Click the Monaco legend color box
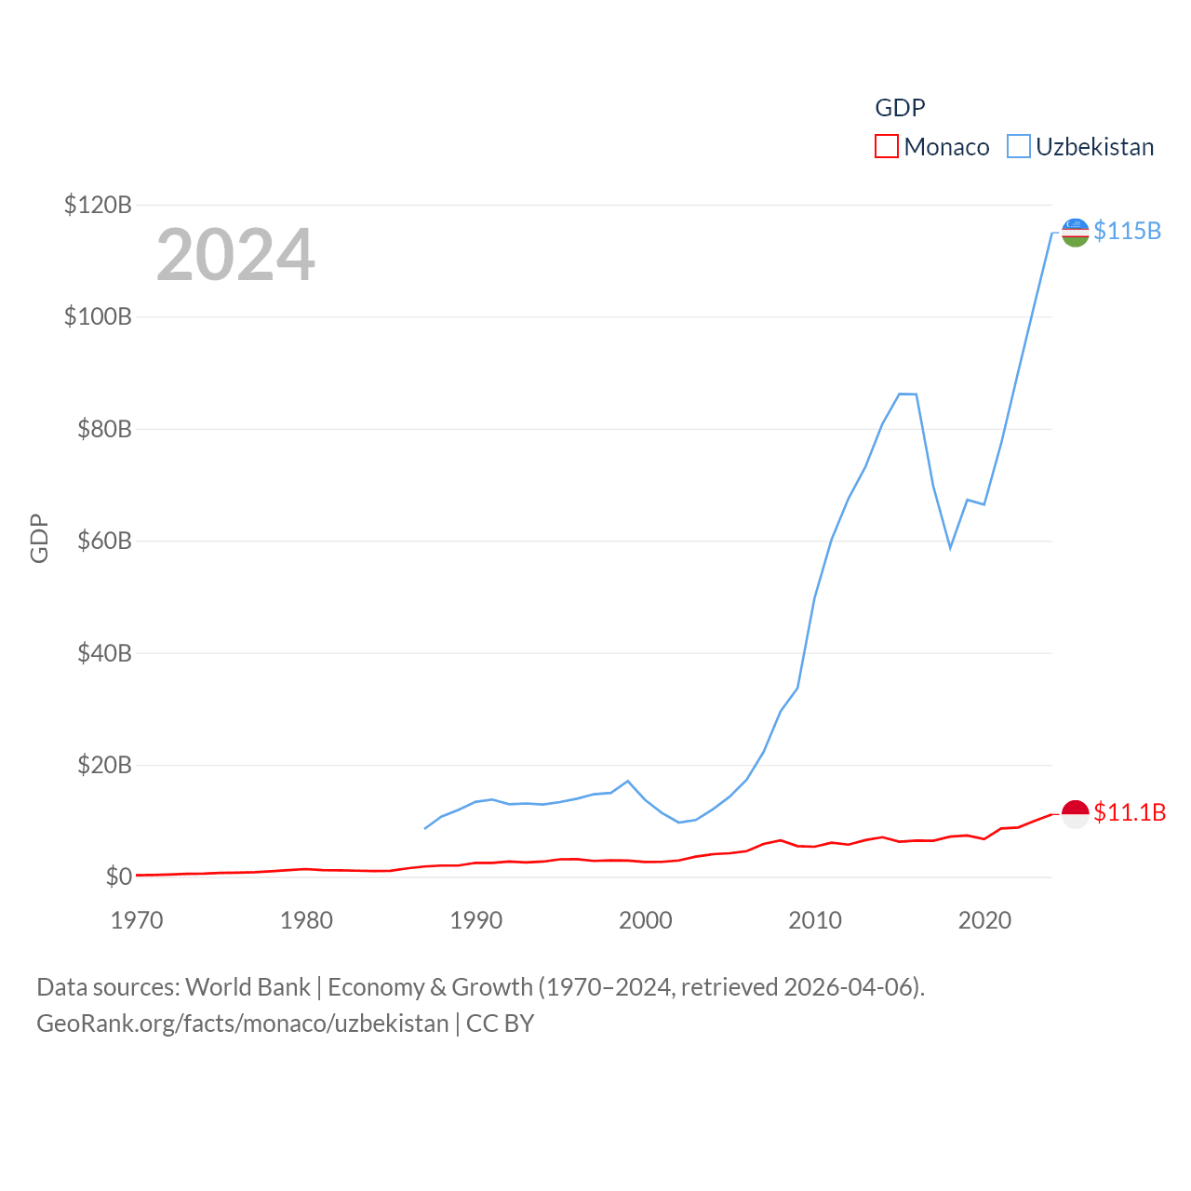tap(886, 147)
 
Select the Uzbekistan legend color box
tap(1019, 147)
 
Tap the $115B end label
tap(1127, 231)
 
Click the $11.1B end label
tap(1130, 812)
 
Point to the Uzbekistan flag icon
tap(1075, 233)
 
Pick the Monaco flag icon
tap(1075, 813)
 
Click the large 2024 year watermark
tap(235, 255)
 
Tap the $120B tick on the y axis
tap(98, 205)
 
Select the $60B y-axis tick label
tap(104, 541)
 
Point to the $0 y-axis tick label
tap(118, 877)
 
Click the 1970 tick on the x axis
tap(137, 920)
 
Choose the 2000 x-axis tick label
tap(646, 920)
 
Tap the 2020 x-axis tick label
tap(984, 920)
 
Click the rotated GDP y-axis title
tap(39, 539)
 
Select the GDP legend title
tap(900, 108)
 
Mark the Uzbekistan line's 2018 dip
tap(950, 547)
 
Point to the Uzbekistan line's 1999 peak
tap(628, 782)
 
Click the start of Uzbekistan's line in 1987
tap(425, 828)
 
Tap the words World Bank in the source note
tap(248, 986)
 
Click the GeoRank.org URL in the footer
tap(243, 1024)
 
